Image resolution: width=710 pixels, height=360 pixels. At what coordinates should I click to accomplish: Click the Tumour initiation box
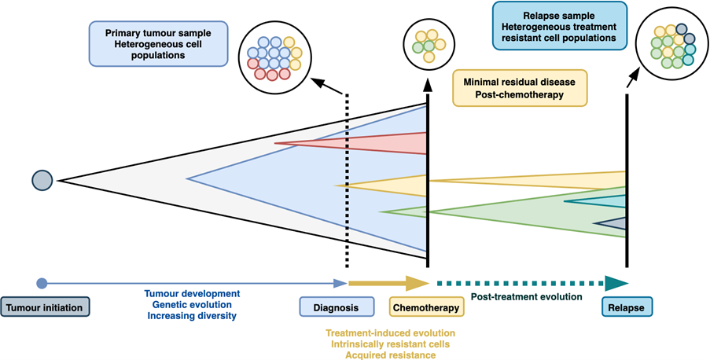[x=46, y=306]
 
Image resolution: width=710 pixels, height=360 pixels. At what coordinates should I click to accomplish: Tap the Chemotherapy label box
[x=426, y=306]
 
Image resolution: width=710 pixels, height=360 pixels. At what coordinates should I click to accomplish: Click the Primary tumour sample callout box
[x=160, y=43]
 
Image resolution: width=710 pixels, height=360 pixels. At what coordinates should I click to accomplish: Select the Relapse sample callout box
[x=559, y=26]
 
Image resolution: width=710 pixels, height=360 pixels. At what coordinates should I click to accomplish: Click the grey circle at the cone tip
[x=42, y=181]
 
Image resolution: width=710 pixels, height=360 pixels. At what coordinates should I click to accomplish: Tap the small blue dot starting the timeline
[x=42, y=283]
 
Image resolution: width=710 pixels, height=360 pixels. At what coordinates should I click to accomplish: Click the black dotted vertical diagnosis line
[x=347, y=181]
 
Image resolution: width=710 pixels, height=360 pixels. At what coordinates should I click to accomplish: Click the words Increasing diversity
[x=192, y=316]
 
